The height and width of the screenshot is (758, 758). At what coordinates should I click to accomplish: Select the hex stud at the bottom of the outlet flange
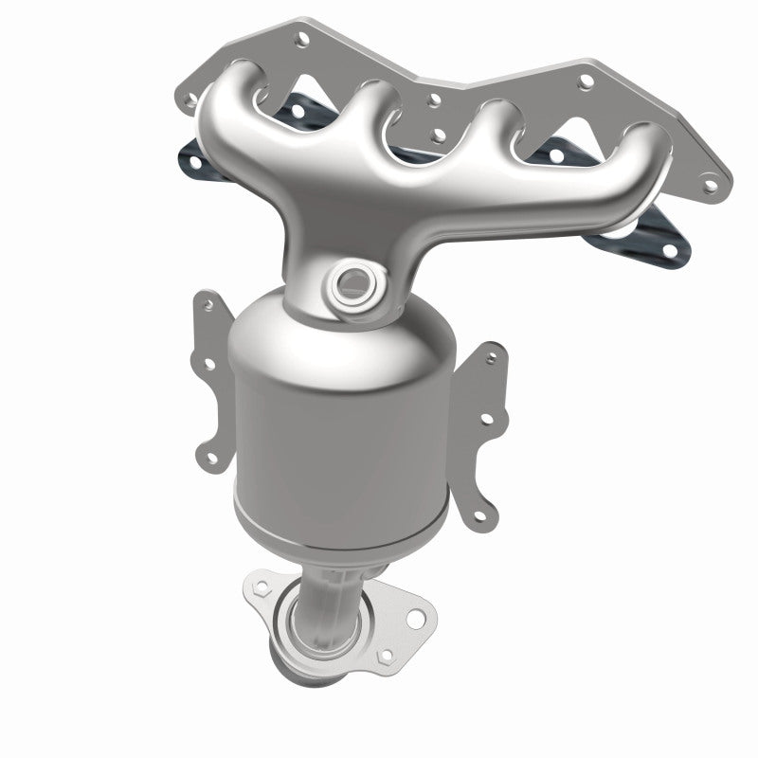click(383, 655)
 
